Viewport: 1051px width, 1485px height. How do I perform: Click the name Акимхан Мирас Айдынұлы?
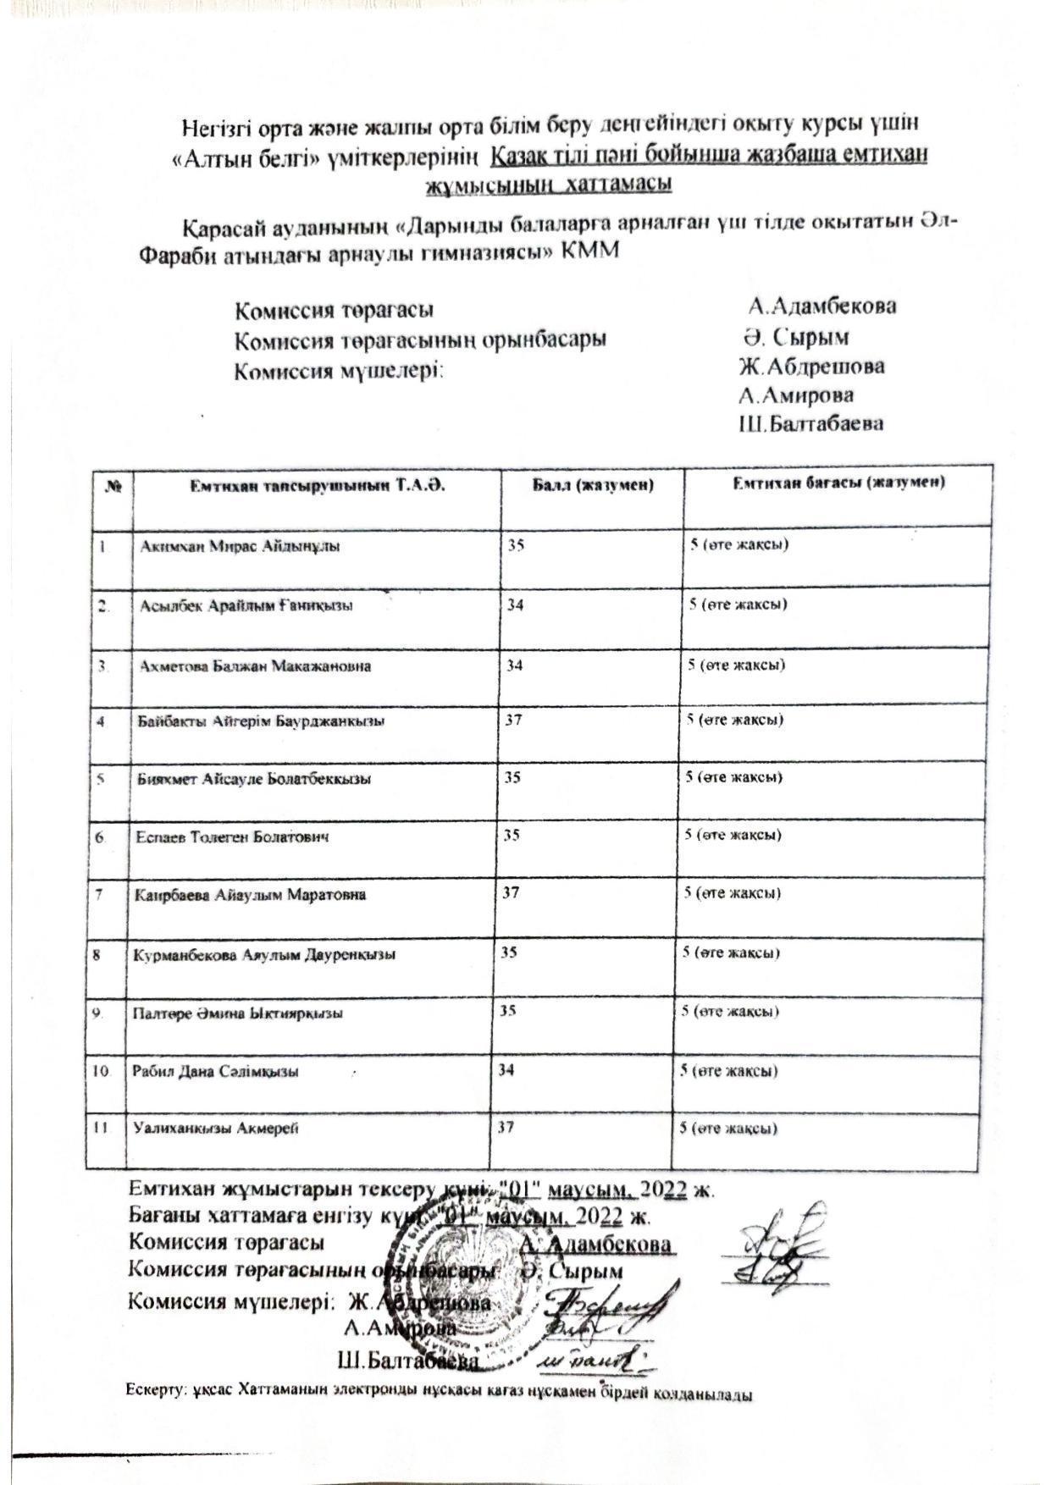(x=240, y=547)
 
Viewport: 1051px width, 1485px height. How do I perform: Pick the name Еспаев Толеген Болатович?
(x=232, y=837)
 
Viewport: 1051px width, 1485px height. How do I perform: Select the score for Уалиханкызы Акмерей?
(x=506, y=1127)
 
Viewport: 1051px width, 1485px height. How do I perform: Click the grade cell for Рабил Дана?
(x=729, y=1071)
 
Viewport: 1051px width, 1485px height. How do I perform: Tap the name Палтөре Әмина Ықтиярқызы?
(x=237, y=1013)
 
